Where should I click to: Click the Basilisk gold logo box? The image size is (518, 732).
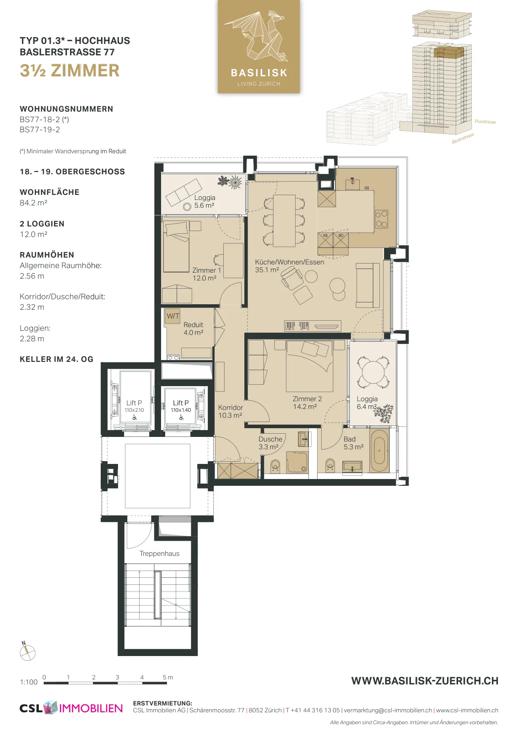pyautogui.click(x=259, y=46)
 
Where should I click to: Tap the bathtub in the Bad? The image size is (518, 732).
pyautogui.click(x=379, y=451)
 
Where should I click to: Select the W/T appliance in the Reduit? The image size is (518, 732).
pyautogui.click(x=173, y=316)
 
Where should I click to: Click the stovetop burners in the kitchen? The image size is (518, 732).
pyautogui.click(x=381, y=219)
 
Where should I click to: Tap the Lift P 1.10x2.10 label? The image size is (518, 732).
pyautogui.click(x=135, y=406)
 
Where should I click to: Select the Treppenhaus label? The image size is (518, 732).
pyautogui.click(x=160, y=553)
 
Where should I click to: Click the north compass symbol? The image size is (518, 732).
pyautogui.click(x=27, y=652)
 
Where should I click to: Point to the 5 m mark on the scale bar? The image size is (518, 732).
pyautogui.click(x=167, y=677)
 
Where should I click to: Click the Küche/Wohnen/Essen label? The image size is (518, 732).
pyautogui.click(x=289, y=266)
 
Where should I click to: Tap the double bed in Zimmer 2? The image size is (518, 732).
pyautogui.click(x=310, y=366)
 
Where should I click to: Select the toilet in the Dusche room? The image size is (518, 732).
pyautogui.click(x=275, y=466)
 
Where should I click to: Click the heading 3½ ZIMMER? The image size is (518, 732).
pyautogui.click(x=70, y=70)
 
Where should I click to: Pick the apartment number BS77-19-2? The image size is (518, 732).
pyautogui.click(x=40, y=130)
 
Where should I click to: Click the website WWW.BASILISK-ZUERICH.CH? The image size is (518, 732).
pyautogui.click(x=425, y=681)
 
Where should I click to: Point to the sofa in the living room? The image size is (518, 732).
pyautogui.click(x=368, y=285)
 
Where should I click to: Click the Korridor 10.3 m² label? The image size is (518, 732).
pyautogui.click(x=231, y=411)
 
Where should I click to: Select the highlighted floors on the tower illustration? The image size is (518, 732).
pyautogui.click(x=449, y=53)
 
